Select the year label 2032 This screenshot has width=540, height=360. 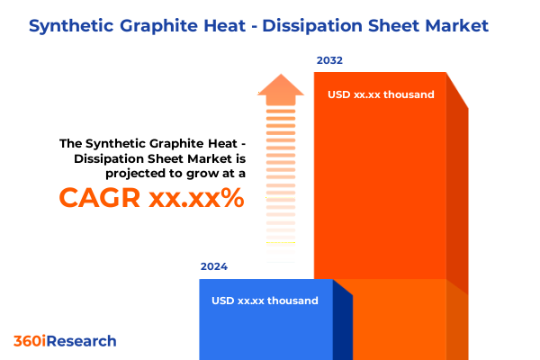329,61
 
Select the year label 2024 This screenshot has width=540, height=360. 214,266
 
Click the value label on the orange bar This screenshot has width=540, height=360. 381,94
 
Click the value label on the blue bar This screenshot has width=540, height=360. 265,301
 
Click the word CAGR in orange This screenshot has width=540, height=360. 100,198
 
